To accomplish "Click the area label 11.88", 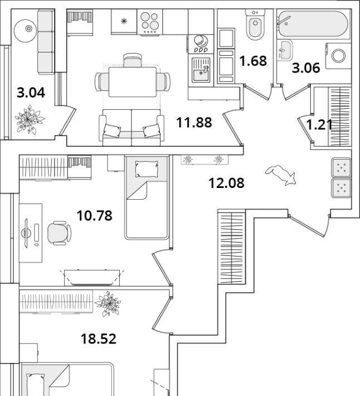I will point(194,122).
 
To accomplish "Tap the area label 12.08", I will point(226,182).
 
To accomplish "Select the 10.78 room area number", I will point(94,214).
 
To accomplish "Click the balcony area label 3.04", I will point(31,93).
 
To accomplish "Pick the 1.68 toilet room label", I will point(253,60).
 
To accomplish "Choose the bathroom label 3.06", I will point(306,68).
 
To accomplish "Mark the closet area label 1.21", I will point(320,124).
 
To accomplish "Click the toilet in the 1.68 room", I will point(255,26).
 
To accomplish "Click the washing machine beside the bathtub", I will point(338,55).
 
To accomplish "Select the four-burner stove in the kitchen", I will point(149,23).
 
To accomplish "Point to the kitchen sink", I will point(201,71).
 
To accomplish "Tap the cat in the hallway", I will point(282,175).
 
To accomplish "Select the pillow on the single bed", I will point(146,168).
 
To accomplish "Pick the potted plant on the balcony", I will point(30,120).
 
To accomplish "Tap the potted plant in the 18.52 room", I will point(108,305).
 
